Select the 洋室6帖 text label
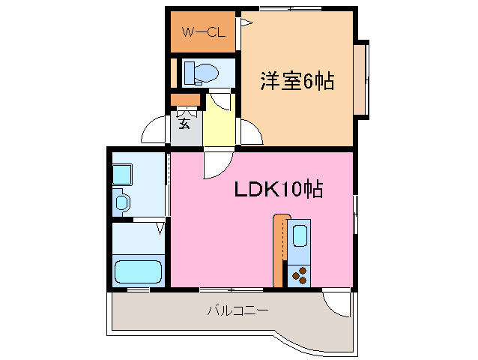tap(297, 81)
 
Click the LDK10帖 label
tap(278, 190)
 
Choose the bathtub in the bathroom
tap(138, 271)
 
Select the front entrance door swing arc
tap(155, 130)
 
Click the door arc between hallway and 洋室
tap(250, 133)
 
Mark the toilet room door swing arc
tap(220, 100)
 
